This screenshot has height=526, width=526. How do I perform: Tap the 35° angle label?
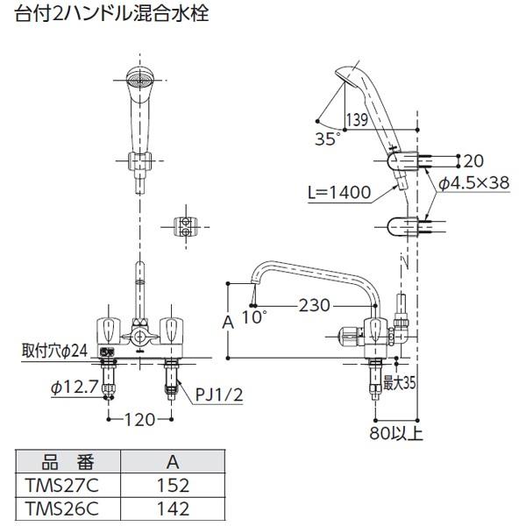coord(328,137)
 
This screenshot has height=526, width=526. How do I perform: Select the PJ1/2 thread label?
coord(216,394)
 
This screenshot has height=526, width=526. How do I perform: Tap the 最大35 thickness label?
coord(399,382)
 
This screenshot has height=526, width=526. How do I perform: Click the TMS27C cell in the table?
coord(62,483)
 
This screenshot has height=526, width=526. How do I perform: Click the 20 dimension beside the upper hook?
coord(473,160)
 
